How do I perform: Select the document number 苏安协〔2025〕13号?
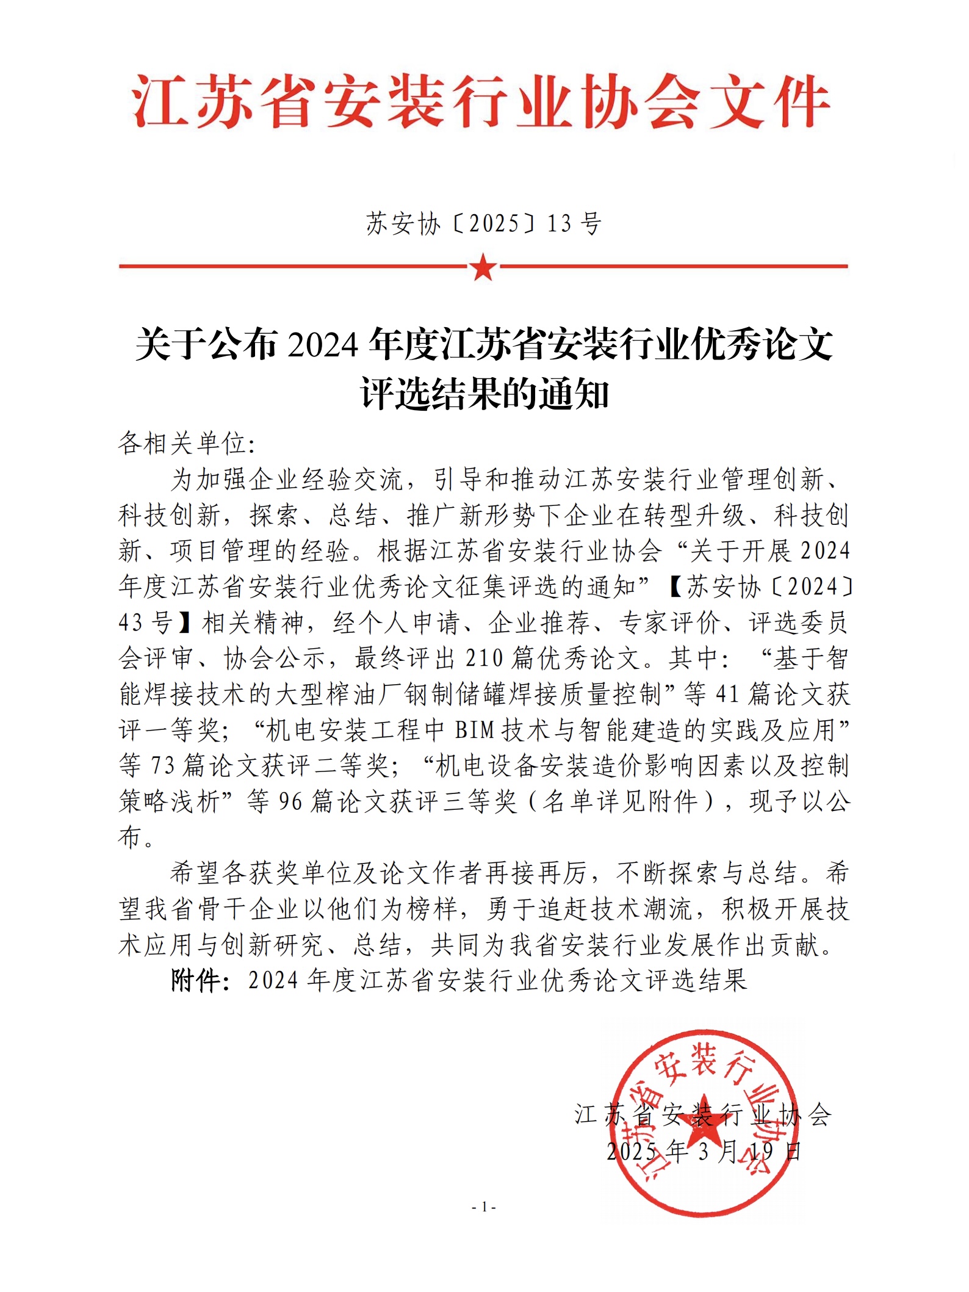484,224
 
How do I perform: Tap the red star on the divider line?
483,267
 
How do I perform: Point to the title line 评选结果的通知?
484,394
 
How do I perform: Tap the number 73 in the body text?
163,765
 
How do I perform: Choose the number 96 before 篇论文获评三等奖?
291,801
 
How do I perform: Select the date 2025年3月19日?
704,1152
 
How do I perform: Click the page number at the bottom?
484,1207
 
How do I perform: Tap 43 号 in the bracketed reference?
145,623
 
